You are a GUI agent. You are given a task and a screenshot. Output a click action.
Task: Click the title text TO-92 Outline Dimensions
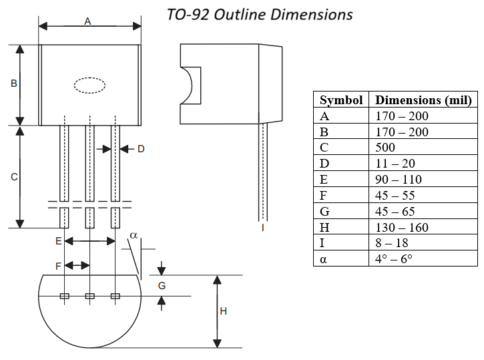pos(260,13)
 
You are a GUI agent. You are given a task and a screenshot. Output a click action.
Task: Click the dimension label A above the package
pos(87,21)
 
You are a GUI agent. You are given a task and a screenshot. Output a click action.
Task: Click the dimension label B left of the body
pos(13,84)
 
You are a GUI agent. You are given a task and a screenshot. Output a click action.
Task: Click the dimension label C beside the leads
pos(13,177)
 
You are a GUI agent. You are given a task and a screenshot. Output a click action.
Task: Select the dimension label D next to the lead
pos(141,149)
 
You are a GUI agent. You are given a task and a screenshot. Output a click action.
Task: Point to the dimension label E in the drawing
pos(59,240)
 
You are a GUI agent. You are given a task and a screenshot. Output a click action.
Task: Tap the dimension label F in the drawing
pos(59,266)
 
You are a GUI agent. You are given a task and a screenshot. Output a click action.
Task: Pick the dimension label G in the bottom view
pos(162,285)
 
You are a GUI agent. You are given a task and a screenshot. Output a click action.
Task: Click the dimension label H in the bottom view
pos(224,311)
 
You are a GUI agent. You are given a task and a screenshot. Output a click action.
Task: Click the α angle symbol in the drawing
pos(133,236)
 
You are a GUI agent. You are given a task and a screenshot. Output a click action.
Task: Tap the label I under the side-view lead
pos(262,228)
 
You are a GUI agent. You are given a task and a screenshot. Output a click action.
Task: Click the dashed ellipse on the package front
pos(89,85)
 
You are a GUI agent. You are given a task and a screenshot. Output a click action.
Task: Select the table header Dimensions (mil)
pos(423,100)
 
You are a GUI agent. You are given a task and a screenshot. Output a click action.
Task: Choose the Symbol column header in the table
pos(341,100)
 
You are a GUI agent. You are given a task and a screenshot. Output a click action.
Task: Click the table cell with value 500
pos(385,148)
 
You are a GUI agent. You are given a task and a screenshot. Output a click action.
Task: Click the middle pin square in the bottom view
pos(89,296)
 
